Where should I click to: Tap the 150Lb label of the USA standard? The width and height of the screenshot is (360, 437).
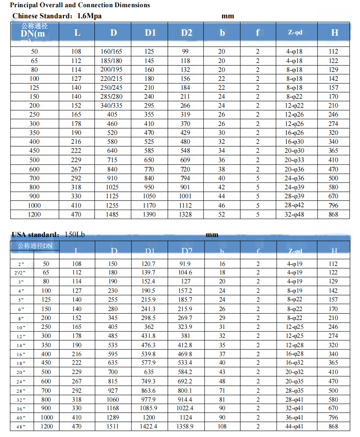74,234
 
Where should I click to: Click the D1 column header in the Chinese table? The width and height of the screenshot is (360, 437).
150,33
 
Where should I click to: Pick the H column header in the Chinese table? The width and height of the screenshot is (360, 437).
334,33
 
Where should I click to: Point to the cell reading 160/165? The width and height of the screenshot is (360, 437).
111,51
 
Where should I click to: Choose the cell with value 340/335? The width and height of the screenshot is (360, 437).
111,106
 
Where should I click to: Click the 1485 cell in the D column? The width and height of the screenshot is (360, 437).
112,214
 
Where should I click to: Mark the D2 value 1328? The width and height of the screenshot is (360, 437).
186,214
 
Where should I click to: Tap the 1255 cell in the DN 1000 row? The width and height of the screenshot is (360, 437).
112,206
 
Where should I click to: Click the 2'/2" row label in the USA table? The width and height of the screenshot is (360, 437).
19,273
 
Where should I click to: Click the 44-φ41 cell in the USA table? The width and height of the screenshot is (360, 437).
294,426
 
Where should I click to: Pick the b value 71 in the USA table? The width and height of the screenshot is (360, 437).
222,390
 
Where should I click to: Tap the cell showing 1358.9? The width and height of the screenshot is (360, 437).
186,426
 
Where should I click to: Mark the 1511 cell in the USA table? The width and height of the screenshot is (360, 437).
112,426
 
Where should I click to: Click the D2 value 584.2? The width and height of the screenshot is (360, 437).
186,372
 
